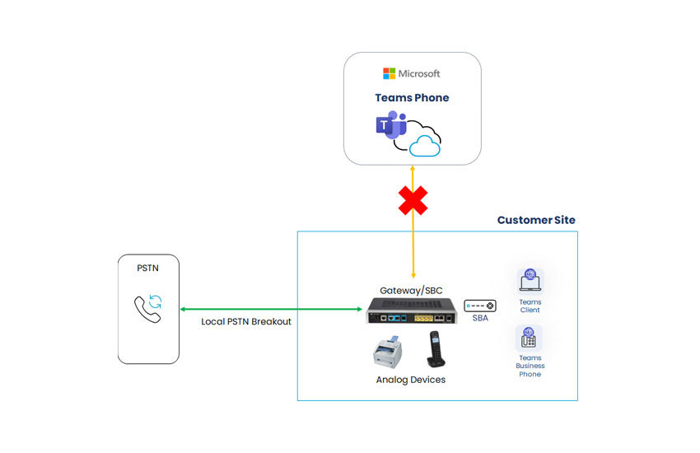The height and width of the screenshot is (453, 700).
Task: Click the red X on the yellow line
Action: pos(413,200)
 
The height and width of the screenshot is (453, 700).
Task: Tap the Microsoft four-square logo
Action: pos(389,74)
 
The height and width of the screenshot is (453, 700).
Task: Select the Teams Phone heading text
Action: pos(412,97)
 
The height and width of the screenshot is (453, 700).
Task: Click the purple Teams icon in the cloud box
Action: pos(390,127)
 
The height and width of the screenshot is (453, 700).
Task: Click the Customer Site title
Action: pos(536,220)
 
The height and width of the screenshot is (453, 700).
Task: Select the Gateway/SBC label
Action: pos(412,291)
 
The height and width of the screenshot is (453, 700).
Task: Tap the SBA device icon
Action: pos(479,305)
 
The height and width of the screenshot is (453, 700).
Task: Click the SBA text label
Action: pos(479,318)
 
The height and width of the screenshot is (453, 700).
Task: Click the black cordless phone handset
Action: pos(436,349)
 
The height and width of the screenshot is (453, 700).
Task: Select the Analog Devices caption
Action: pos(410,380)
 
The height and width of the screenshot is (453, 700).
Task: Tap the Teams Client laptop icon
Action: pos(530,281)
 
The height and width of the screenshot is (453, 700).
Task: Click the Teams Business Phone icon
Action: pos(530,338)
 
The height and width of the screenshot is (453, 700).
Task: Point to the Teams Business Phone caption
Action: pos(530,366)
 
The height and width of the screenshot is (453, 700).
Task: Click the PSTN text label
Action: pos(148,268)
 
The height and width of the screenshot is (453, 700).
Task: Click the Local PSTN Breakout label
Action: pos(246,321)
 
